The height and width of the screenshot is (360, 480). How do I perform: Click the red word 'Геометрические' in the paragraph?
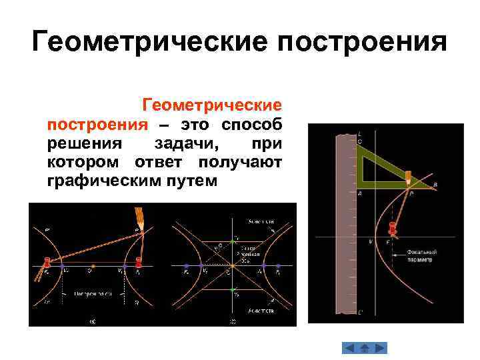211,106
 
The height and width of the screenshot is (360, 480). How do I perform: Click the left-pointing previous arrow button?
349,348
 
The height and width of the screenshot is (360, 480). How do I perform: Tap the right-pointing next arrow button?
379,348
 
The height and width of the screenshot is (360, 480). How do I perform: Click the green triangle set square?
373,167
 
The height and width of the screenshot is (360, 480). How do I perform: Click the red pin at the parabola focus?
393,229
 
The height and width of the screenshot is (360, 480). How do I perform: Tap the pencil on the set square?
408,177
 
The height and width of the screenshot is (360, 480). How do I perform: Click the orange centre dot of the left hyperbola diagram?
93,267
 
